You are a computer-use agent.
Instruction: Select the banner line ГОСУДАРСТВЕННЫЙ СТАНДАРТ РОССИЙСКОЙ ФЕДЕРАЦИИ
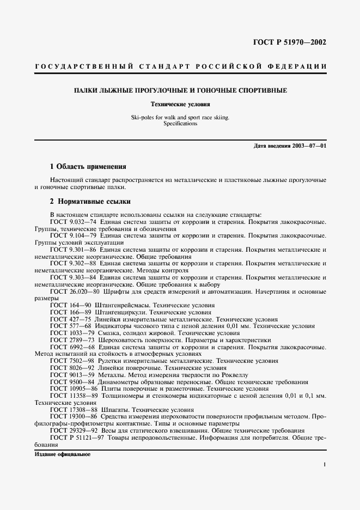click(180, 66)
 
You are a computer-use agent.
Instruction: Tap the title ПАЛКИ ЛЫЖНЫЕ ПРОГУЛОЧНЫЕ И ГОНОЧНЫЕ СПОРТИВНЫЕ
click(180, 90)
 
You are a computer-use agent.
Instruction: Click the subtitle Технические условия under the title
click(180, 104)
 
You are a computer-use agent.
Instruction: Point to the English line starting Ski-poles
click(180, 117)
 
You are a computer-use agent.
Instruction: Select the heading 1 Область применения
click(88, 166)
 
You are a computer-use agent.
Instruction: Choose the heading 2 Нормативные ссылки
click(90, 202)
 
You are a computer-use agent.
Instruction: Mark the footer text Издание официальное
click(62, 454)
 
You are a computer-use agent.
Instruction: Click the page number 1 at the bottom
click(324, 464)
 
